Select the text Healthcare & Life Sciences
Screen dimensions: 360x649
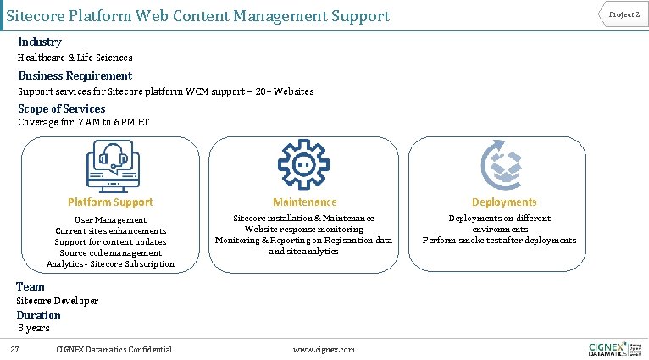coord(75,58)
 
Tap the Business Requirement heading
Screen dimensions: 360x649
coord(75,75)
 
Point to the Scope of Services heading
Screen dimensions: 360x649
coord(62,108)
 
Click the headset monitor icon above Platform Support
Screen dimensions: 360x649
coord(110,165)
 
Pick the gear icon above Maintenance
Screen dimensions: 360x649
coord(302,165)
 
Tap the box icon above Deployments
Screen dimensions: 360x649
coord(503,165)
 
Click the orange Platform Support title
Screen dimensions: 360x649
coord(110,202)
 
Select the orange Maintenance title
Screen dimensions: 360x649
coord(304,202)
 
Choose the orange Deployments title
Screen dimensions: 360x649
coord(504,202)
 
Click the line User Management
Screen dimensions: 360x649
coord(110,219)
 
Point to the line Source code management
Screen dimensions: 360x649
coord(110,252)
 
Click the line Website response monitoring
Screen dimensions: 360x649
coord(303,230)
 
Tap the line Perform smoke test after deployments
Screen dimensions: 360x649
coord(499,241)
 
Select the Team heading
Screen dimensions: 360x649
coord(31,286)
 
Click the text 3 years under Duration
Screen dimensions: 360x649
coord(35,328)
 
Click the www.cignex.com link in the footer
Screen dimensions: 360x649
coord(324,350)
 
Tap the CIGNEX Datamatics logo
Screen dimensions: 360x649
coord(613,348)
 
